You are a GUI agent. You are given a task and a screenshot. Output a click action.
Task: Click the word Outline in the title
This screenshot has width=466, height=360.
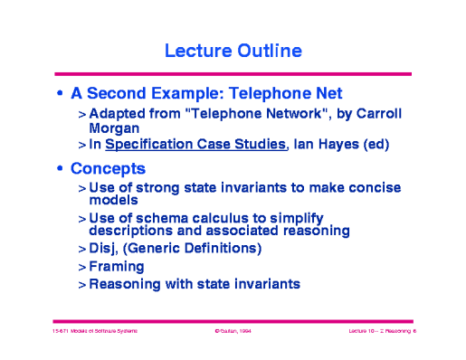pos(269,51)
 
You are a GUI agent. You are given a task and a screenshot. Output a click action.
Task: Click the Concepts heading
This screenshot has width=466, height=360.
pos(109,169)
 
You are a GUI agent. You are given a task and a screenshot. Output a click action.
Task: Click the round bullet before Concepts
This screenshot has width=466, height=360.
pos(60,170)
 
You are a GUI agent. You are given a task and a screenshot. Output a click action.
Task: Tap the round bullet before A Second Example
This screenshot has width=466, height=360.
pos(60,94)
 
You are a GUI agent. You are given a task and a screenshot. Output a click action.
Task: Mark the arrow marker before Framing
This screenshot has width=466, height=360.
pos(81,267)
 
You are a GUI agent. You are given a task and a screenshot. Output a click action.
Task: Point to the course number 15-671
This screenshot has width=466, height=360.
pos(61,333)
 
